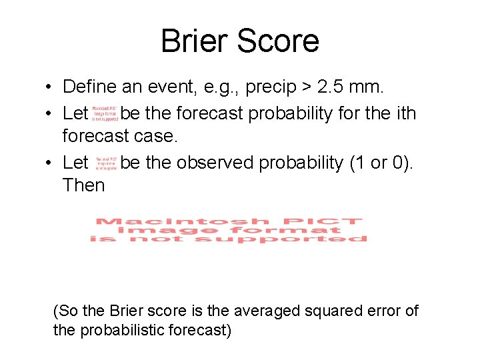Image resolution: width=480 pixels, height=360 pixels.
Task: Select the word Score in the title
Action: tap(281, 41)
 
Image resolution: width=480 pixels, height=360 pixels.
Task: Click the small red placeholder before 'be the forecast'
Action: tap(105, 113)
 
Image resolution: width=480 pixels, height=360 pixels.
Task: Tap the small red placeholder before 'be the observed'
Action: tap(106, 163)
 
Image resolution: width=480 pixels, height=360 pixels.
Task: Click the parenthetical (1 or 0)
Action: tap(380, 163)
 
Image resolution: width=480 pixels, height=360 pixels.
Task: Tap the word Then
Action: tap(83, 185)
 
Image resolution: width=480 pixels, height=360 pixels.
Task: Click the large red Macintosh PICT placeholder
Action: tap(229, 230)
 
